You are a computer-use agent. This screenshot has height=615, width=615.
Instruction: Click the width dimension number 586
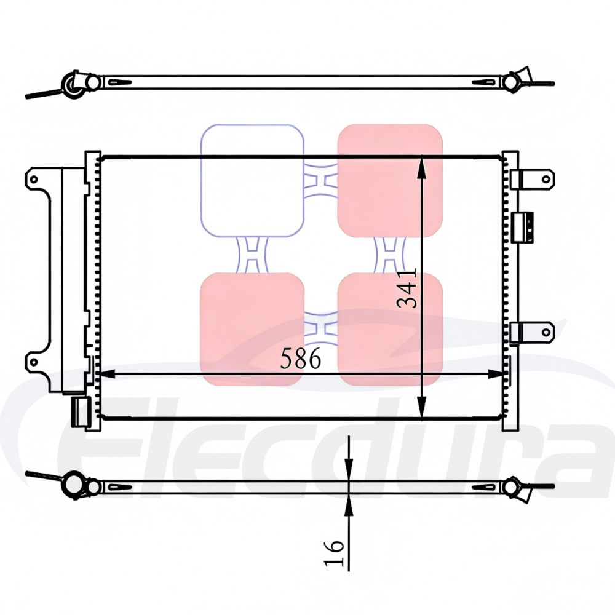pyautogui.click(x=300, y=358)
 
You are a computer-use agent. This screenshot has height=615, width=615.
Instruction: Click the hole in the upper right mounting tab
pyautogui.click(x=544, y=178)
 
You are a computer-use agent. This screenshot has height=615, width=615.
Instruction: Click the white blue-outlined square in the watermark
pyautogui.click(x=252, y=181)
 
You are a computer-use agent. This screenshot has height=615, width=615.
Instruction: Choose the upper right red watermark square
pyautogui.click(x=390, y=181)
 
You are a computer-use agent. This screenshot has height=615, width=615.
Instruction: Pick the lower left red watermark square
pyautogui.click(x=252, y=329)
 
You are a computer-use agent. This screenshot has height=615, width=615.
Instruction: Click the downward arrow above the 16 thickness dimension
pyautogui.click(x=349, y=468)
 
